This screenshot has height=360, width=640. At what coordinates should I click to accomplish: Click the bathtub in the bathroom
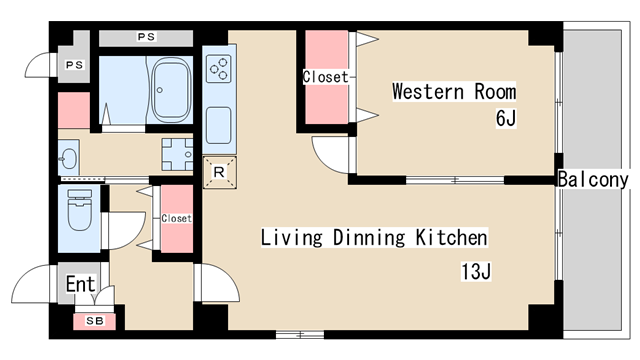tap(171, 90)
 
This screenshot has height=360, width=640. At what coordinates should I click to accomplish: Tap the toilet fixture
tap(80, 210)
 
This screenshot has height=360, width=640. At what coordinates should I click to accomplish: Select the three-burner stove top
tap(218, 69)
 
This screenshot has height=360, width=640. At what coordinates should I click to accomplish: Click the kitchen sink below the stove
tap(219, 125)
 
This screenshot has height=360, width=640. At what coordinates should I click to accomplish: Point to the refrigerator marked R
tap(220, 172)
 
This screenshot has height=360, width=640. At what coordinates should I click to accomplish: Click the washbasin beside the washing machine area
tap(68, 157)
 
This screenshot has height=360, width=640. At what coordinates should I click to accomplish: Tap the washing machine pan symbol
tap(177, 154)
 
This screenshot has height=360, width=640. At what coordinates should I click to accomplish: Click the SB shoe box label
tap(95, 321)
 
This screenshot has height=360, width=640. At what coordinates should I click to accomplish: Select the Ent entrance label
tap(80, 284)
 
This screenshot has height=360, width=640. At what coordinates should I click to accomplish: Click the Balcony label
tap(593, 180)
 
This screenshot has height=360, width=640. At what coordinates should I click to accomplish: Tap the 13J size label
tap(476, 272)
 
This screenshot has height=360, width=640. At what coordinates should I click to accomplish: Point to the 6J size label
tap(506, 118)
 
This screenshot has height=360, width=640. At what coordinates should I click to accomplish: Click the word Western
tap(428, 91)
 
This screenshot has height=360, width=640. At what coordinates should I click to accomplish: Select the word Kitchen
tap(451, 238)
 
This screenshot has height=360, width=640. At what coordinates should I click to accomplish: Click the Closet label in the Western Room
tap(325, 77)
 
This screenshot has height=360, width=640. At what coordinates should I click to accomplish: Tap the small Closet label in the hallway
tap(176, 218)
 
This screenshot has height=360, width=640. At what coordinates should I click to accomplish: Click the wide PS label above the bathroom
tap(146, 37)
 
